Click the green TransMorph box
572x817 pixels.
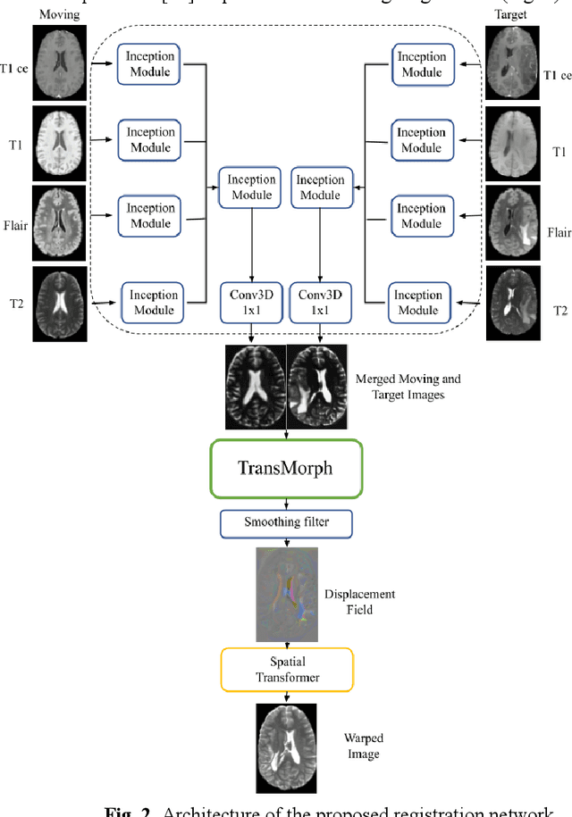(285, 468)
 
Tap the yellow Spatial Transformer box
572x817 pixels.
(286, 670)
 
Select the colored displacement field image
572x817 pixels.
(286, 594)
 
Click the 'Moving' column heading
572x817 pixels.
(60, 15)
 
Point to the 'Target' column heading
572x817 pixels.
(509, 15)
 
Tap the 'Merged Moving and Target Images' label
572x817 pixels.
(408, 387)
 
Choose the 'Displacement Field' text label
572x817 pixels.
(373, 601)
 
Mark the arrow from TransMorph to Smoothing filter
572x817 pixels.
(286, 504)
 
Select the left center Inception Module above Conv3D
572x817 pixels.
(252, 188)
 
